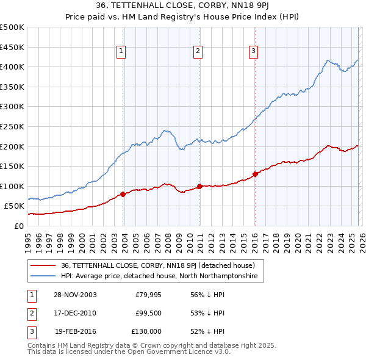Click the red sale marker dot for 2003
tap(123, 194)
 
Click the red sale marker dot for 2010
tap(199, 186)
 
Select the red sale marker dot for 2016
tap(255, 174)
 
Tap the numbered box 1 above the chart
tap(122, 52)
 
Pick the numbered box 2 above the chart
tap(198, 52)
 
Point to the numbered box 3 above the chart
tap(253, 52)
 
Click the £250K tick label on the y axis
tap(12, 126)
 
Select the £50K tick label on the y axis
tap(15, 206)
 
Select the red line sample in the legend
tap(44, 265)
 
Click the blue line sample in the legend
tap(44, 276)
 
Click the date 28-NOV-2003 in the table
tap(75, 294)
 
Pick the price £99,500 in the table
tap(148, 313)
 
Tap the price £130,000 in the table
tap(147, 331)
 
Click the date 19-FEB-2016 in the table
tap(75, 331)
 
